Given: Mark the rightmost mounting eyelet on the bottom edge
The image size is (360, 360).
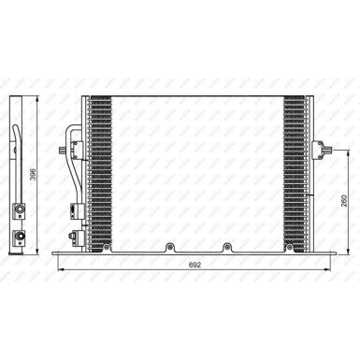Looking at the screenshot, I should [x=226, y=248].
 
